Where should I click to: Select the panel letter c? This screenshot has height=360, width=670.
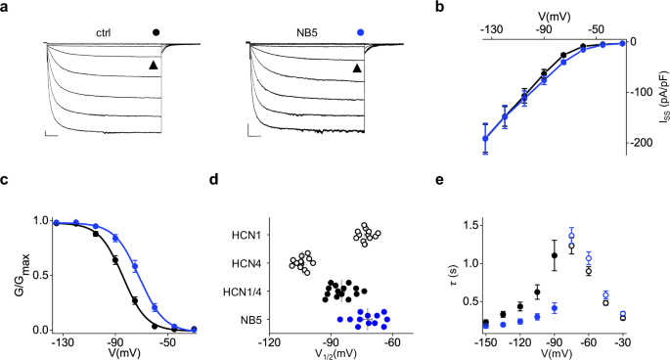pos(6,181)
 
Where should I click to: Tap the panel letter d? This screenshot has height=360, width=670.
pos(228,181)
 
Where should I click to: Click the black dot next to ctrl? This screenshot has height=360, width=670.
pos(156,32)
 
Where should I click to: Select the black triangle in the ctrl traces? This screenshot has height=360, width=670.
pos(153,66)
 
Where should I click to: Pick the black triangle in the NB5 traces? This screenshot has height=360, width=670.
pos(356,68)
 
